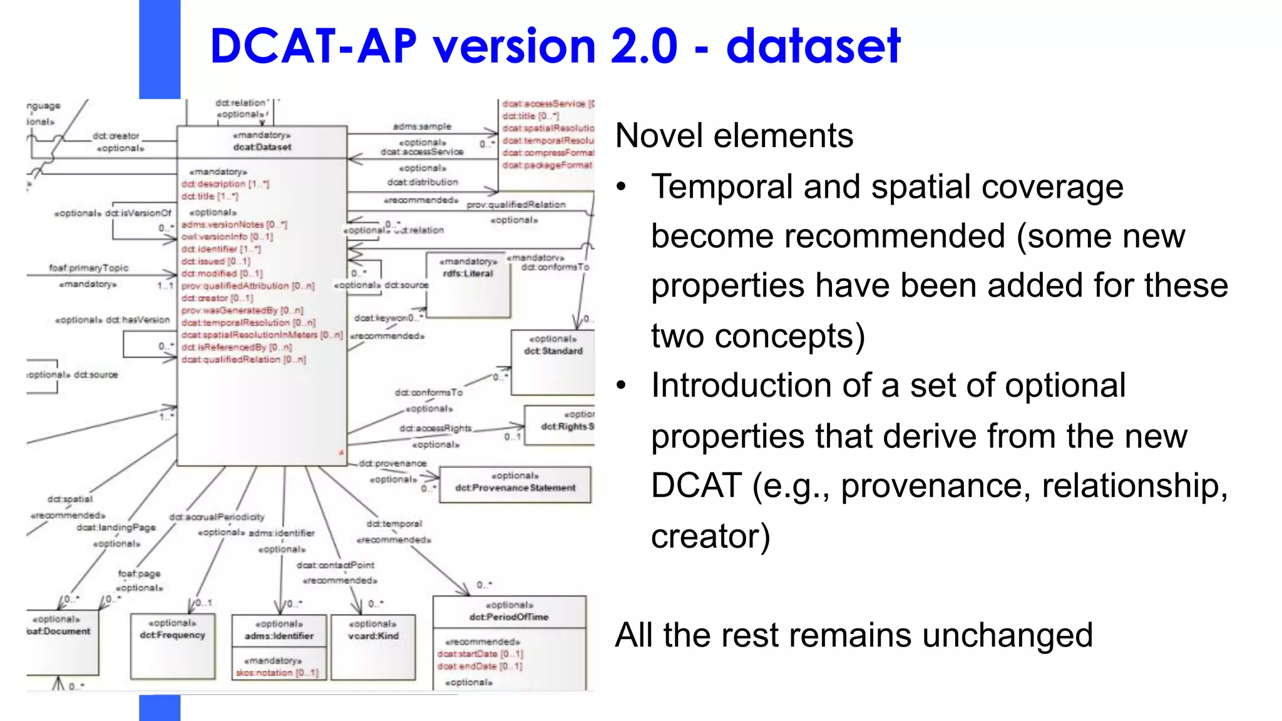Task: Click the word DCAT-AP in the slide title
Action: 313,46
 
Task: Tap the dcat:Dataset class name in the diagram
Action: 262,147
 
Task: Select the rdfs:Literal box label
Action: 468,274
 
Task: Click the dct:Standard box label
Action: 553,351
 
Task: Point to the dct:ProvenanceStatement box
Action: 515,488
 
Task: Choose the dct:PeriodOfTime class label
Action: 509,617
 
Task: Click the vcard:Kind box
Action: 373,636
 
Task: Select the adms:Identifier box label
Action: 279,636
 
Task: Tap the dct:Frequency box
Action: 172,635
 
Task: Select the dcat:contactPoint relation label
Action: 336,565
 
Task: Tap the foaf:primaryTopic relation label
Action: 89,268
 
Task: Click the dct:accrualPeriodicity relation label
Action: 217,517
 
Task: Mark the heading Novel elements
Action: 734,136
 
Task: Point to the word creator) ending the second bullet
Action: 710,536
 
